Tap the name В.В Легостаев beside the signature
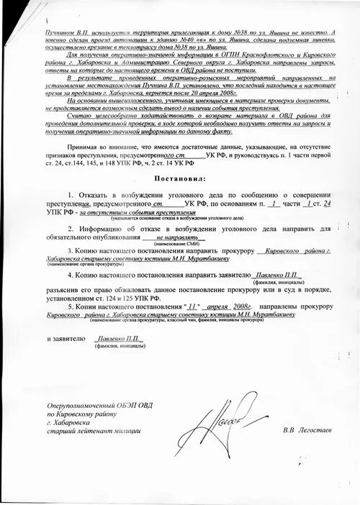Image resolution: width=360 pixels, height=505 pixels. tap(301, 430)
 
